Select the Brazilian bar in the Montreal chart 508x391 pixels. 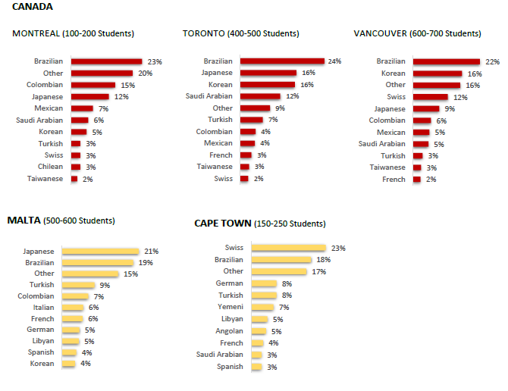(106, 61)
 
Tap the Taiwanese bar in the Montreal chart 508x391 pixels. (74, 179)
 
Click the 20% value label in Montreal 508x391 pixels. (146, 74)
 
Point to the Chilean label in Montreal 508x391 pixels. (50, 167)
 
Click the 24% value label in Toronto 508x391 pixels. (335, 61)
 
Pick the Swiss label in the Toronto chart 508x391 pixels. (223, 179)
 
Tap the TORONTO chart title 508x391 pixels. (240, 33)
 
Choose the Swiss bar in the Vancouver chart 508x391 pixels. (430, 96)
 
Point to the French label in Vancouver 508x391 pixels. (394, 180)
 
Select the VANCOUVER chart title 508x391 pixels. (417, 33)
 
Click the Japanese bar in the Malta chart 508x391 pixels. (100, 251)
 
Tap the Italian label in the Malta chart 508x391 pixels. (44, 308)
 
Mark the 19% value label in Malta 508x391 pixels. (146, 262)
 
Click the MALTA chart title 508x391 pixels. (61, 221)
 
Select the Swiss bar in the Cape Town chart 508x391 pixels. (287, 248)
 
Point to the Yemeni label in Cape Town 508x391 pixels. (230, 307)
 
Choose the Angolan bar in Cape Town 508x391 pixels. (259, 330)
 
